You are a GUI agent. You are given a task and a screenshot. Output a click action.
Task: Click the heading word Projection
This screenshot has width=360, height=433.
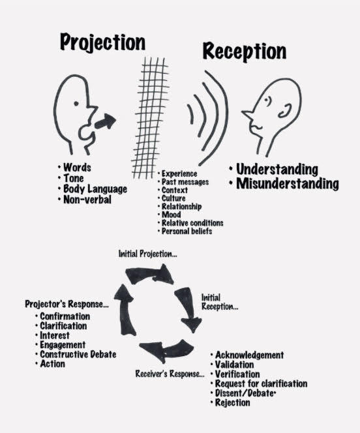point(102,42)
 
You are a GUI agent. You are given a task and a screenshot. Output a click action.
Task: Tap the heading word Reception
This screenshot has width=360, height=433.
point(245,52)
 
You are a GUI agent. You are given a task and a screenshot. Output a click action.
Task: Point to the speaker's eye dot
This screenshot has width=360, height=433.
point(76,104)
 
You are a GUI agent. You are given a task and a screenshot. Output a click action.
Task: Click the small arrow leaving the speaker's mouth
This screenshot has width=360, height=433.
point(105,121)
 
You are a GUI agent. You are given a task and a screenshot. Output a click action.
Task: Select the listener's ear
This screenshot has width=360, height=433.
point(285,111)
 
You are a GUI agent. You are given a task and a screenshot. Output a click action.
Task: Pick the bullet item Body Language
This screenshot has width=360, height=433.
point(95,189)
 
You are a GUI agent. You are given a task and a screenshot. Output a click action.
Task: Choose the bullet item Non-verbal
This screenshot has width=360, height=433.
point(87,200)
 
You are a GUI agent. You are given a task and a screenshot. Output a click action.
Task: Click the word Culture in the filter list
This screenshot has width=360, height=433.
point(173,198)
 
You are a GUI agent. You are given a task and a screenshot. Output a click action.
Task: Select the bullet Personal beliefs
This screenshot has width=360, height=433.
point(187,231)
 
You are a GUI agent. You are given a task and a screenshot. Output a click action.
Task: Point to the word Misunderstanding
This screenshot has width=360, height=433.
point(288,184)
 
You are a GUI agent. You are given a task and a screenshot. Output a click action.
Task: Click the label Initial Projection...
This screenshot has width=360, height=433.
point(147,254)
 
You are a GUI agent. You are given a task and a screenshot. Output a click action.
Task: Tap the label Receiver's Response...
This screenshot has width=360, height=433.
point(170,374)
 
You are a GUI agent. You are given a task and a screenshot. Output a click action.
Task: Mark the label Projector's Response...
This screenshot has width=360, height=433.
point(67,304)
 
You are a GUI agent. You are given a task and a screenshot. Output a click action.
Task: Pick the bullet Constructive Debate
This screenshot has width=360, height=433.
point(78,354)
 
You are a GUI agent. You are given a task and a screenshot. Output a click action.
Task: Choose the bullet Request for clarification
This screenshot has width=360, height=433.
point(261,383)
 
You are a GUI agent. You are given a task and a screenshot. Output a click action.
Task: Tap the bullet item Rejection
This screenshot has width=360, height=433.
point(232,402)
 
